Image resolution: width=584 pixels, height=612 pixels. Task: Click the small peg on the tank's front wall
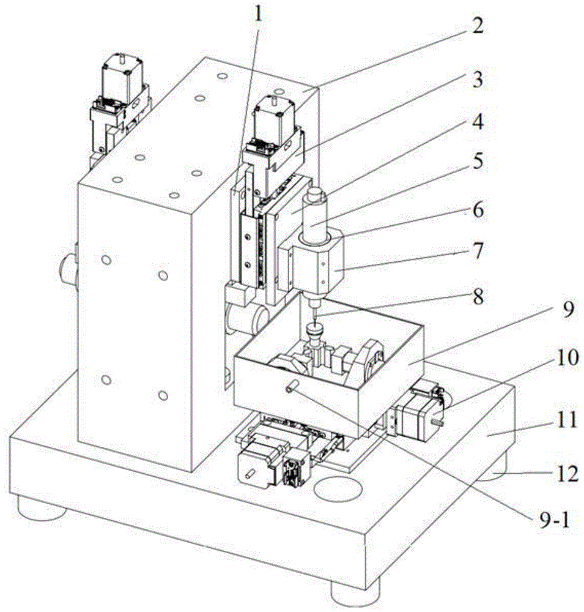(291, 385)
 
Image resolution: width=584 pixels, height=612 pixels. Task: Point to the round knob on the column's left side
(68, 267)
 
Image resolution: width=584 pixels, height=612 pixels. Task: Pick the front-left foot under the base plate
(40, 507)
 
